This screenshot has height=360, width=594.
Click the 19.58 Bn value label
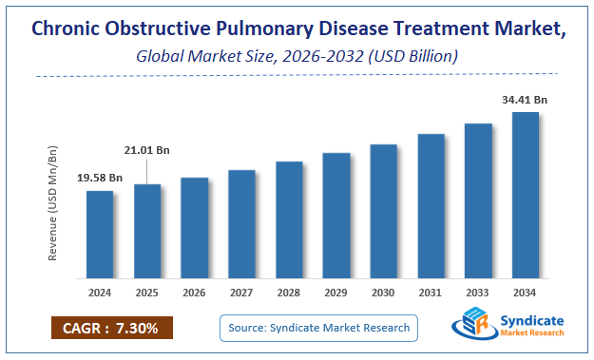click(100, 178)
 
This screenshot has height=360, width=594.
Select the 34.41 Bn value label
click(526, 98)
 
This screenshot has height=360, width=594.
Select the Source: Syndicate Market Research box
click(319, 328)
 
